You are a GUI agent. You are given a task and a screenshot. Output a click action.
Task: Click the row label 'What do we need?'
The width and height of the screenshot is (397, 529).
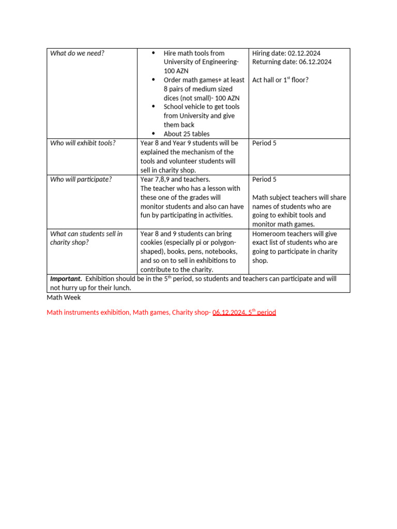[77, 53]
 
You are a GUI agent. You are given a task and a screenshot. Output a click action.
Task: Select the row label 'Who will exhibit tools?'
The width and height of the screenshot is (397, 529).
[83, 143]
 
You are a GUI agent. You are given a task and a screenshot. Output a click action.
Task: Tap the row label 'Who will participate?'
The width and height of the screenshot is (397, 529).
[81, 179]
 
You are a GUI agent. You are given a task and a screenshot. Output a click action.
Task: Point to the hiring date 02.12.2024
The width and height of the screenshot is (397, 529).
[309, 53]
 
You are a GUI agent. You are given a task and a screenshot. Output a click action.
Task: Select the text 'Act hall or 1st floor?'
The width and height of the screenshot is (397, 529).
[280, 80]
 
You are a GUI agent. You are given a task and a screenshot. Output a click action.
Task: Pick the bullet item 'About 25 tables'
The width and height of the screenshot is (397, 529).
[187, 134]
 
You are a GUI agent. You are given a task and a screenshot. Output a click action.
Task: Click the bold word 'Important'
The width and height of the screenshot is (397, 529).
[66, 279]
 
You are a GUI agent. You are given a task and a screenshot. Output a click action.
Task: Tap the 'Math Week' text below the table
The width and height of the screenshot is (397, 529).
[64, 298]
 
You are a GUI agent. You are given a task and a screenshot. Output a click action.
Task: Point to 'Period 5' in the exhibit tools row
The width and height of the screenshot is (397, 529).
[264, 143]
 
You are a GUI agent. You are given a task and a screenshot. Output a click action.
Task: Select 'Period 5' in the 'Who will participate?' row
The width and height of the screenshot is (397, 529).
[264, 179]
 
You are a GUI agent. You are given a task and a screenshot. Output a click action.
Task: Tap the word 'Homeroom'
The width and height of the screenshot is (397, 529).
[269, 234]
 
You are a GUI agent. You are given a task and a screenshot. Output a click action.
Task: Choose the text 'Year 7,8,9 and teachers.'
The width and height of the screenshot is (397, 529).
[175, 179]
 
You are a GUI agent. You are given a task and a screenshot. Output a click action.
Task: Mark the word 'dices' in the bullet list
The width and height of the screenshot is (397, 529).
[173, 98]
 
